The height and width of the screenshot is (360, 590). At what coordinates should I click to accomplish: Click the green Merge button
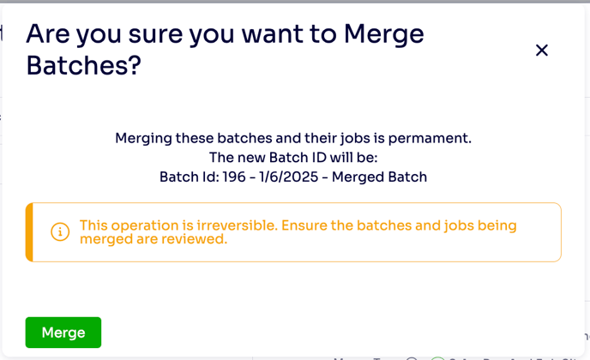tap(63, 333)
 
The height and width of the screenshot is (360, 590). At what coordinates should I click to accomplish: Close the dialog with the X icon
tap(541, 50)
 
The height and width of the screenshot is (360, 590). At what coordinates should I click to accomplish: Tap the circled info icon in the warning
tap(60, 231)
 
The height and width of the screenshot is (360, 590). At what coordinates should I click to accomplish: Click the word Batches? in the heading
tap(83, 65)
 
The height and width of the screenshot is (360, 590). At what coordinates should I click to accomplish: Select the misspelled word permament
tap(430, 139)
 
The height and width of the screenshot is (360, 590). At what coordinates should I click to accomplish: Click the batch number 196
tap(233, 177)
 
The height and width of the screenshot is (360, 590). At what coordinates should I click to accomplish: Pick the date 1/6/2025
tap(289, 177)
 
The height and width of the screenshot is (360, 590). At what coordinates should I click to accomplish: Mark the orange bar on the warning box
tap(29, 232)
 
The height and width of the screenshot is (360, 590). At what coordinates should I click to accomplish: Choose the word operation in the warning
tap(145, 225)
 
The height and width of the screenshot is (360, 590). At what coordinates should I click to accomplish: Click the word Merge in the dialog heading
tap(384, 34)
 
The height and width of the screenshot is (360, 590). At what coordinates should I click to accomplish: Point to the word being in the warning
tap(497, 225)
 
